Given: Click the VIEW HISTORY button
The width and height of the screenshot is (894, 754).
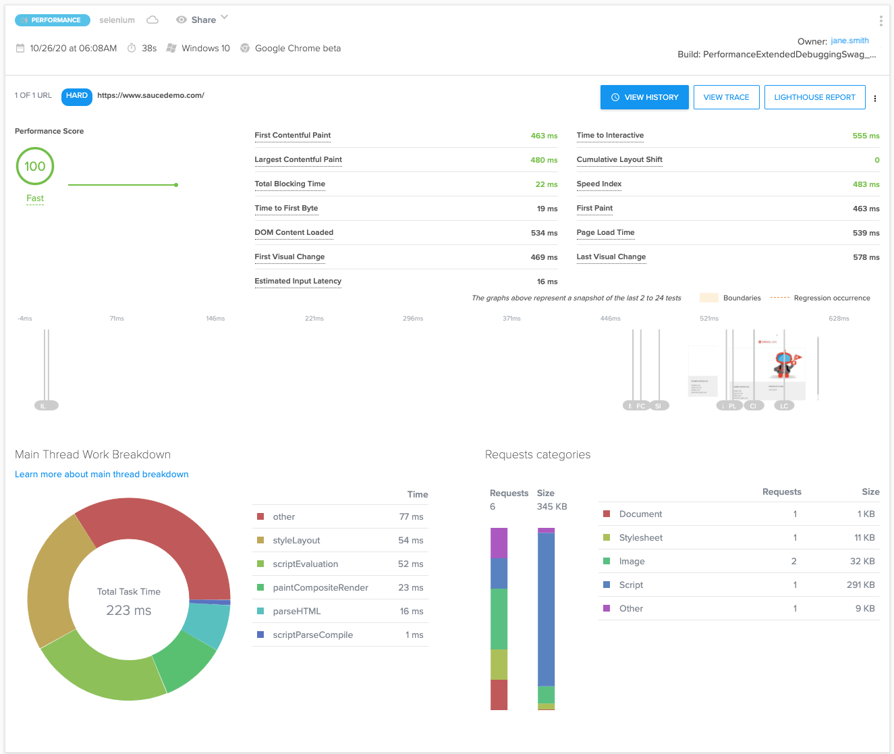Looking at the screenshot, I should point(644,97).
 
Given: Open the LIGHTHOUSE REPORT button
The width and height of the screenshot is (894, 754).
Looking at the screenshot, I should point(814,97).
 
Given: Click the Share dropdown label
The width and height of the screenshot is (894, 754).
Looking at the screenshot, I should point(203,20).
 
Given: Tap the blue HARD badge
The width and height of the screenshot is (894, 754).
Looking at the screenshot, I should point(77,96).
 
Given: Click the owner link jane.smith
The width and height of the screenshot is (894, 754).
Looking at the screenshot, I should point(849,41).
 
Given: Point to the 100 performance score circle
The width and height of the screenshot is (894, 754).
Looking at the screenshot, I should point(35,167).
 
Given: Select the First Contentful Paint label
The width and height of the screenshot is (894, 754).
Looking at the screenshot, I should point(293,136).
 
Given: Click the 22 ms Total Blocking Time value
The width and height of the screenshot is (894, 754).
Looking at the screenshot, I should point(546,184).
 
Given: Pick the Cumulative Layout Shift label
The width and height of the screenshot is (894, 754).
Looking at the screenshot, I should point(619,160).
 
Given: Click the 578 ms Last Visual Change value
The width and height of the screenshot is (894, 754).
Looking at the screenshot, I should point(866,257).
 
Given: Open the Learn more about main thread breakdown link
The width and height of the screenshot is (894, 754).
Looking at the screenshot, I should point(102,475).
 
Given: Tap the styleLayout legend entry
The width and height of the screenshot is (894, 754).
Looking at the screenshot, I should point(296,541).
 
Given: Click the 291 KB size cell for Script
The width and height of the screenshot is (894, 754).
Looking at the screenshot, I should point(860,585).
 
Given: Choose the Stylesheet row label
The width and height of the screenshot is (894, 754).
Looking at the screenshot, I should point(640,538).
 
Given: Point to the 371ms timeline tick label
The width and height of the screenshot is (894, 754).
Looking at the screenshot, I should point(511,319).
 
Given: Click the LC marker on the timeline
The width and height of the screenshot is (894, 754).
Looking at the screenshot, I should point(784,406).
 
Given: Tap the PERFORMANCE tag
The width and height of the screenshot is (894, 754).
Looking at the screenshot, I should point(53,20).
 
